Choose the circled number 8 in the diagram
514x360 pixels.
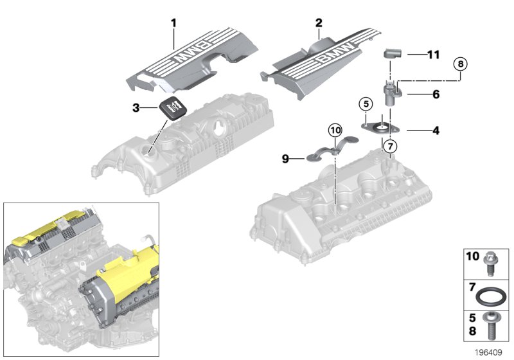pyautogui.click(x=461, y=63)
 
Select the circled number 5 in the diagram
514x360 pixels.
pyautogui.click(x=365, y=103)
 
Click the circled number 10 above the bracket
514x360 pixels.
pyautogui.click(x=335, y=130)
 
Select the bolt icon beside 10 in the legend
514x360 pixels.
pyautogui.click(x=493, y=262)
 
